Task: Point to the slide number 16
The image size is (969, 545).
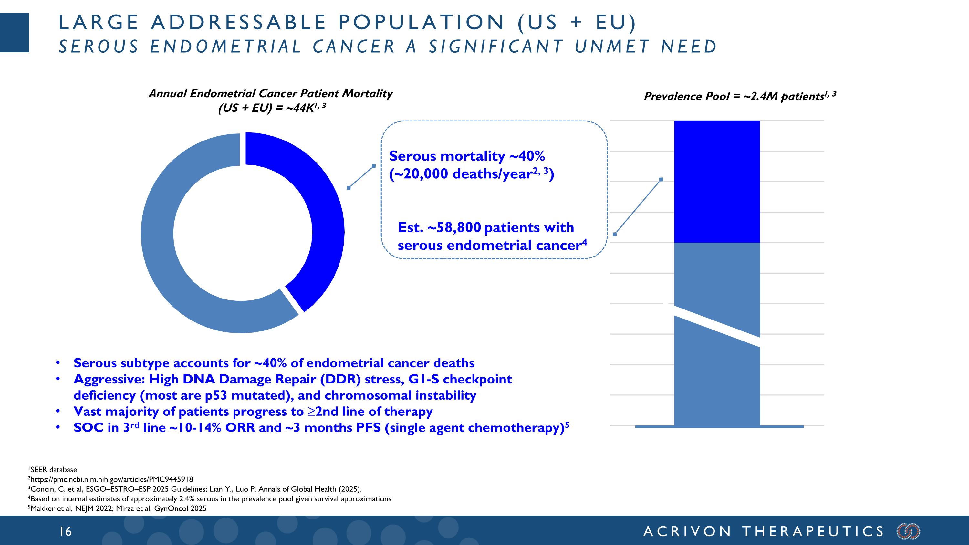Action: (66, 531)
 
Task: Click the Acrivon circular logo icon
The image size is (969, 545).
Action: (908, 531)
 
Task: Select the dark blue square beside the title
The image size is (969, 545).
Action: (14, 32)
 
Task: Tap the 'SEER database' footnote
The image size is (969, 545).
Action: (53, 470)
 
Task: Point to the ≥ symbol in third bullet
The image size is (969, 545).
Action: (311, 412)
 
